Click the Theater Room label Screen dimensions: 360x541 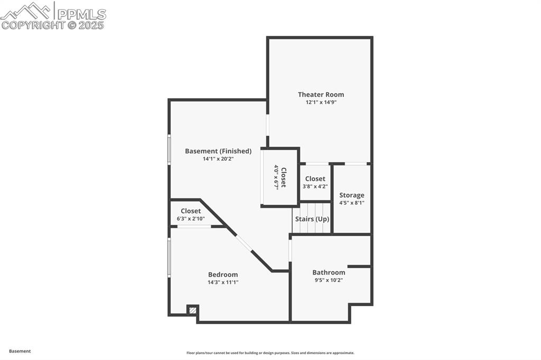tap(321, 94)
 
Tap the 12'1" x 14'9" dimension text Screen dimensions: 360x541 tap(321, 102)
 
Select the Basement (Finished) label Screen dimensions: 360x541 tap(218, 151)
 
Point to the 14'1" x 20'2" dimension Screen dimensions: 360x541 tap(218, 159)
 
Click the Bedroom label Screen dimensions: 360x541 tap(223, 274)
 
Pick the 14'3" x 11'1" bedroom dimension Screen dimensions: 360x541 tap(223, 282)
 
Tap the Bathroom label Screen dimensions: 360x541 tap(329, 272)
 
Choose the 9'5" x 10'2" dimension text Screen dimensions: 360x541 tap(329, 280)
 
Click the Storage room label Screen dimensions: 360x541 tap(352, 195)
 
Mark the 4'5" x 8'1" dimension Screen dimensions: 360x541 tap(352, 203)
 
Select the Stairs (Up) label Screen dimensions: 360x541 tap(312, 219)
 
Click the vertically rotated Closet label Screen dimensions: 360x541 tap(284, 177)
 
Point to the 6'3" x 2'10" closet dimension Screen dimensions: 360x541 tap(191, 219)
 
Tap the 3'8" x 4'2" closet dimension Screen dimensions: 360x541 tap(315, 186)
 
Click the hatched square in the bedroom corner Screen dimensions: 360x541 tap(193, 310)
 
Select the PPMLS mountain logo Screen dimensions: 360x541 tap(26, 11)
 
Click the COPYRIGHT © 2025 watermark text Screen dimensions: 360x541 tap(53, 25)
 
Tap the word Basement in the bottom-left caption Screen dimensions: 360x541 tap(20, 351)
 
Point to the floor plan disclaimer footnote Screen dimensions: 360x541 tap(270, 353)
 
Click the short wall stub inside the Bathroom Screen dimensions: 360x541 tap(359, 267)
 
